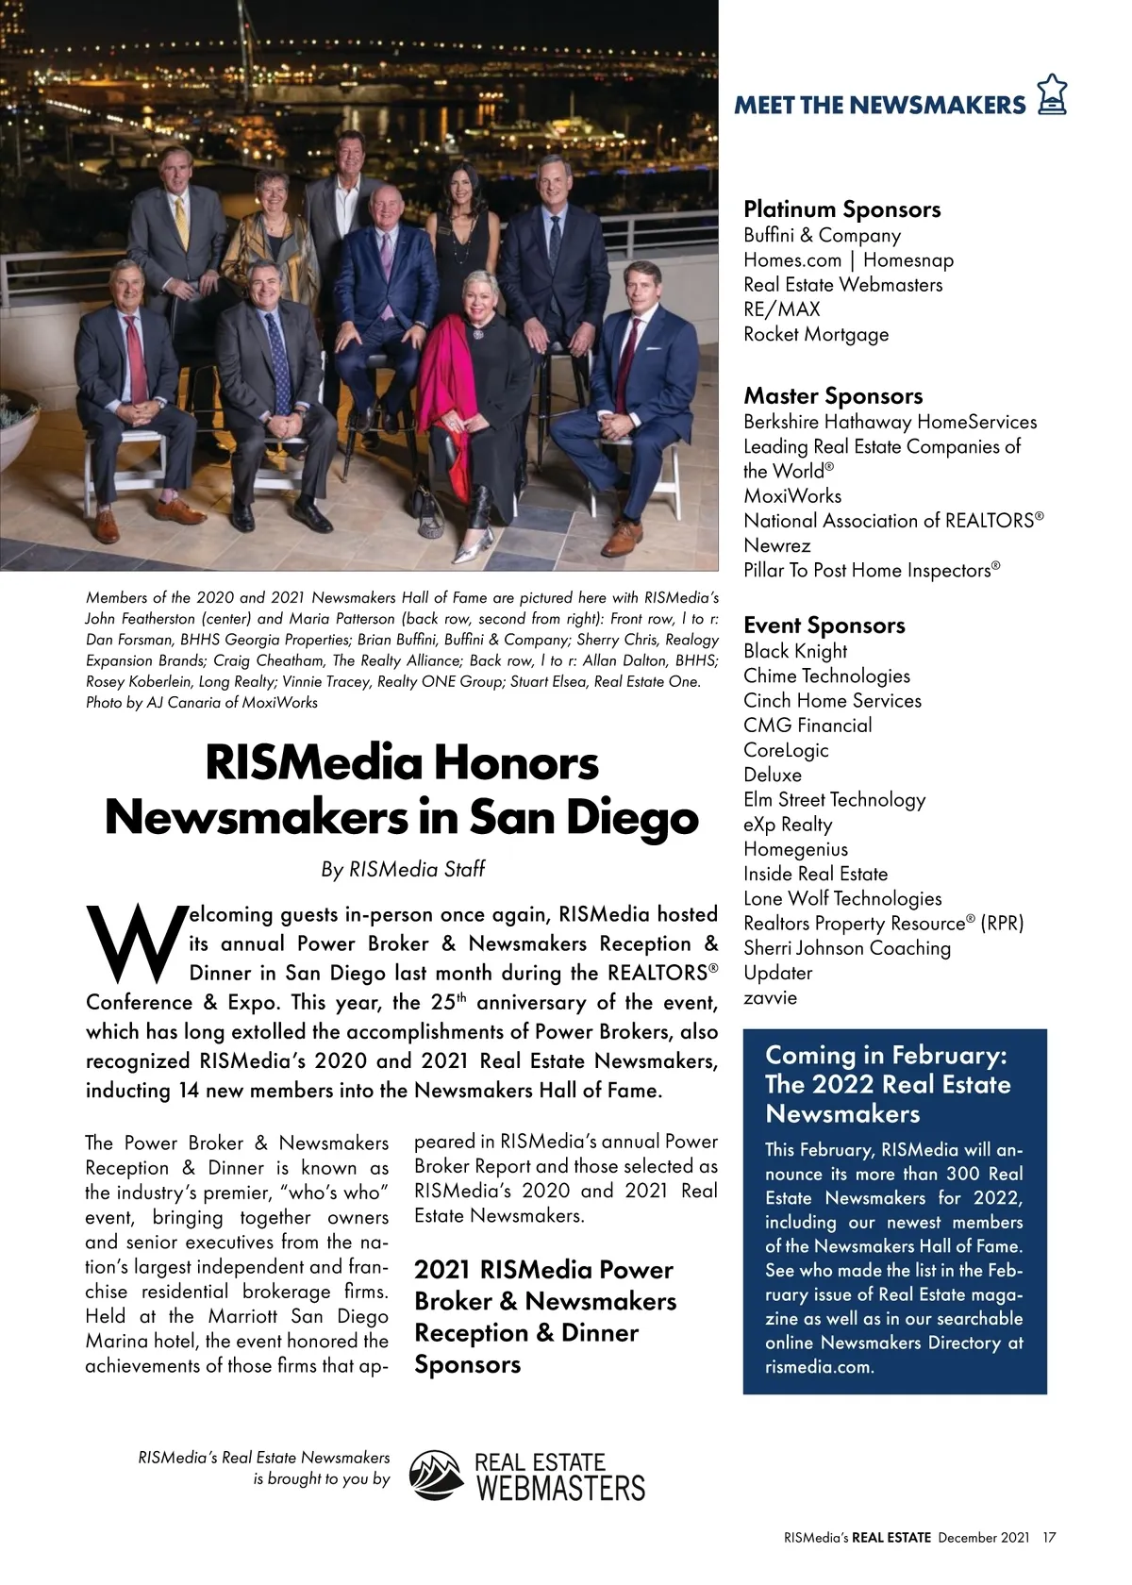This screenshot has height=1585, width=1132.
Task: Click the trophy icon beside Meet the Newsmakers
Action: tap(1052, 95)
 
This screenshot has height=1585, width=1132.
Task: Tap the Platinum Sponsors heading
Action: tap(841, 209)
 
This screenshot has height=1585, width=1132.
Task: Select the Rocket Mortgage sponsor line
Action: tap(816, 334)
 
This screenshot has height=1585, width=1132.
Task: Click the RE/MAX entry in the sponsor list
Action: tap(781, 309)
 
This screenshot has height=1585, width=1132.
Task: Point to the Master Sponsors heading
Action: tap(833, 396)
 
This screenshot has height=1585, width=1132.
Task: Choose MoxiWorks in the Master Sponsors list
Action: tap(792, 496)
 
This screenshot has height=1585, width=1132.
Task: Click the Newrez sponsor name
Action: tap(776, 545)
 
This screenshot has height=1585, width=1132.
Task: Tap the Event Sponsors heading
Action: tap(824, 626)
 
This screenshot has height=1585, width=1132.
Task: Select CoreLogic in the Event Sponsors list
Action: tap(786, 750)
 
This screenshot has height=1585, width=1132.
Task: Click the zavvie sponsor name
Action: tap(770, 998)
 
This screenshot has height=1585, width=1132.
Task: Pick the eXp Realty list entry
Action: tap(788, 825)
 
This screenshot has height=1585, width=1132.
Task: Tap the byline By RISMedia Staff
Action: tap(403, 869)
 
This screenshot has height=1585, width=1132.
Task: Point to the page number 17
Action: tap(1049, 1538)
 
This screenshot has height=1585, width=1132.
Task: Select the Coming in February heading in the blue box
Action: tap(886, 1055)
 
